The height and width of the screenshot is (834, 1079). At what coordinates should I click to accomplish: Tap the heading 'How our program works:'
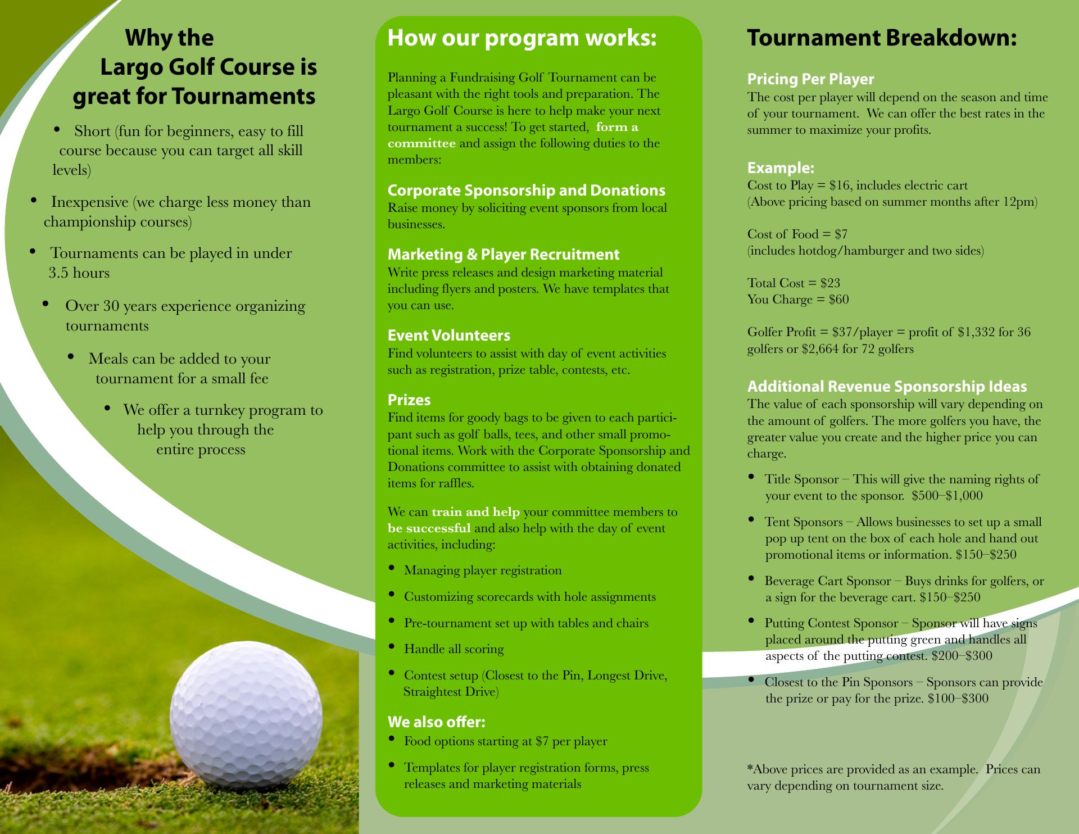pyautogui.click(x=522, y=38)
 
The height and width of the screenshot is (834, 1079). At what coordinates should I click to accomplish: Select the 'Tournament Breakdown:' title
pyautogui.click(x=882, y=38)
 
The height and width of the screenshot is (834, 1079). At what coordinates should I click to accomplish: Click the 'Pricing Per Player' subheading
pyautogui.click(x=810, y=79)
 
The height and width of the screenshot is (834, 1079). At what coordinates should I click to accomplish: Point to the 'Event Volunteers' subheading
pyautogui.click(x=448, y=336)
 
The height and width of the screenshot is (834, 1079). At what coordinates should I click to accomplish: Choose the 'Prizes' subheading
pyautogui.click(x=409, y=400)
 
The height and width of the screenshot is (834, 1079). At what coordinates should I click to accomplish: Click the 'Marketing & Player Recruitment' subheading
pyautogui.click(x=504, y=255)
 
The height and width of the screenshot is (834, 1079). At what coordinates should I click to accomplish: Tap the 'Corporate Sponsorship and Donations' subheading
pyautogui.click(x=526, y=191)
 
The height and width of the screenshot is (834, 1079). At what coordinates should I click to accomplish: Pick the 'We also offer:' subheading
pyautogui.click(x=436, y=722)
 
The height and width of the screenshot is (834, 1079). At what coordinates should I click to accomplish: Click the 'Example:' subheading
pyautogui.click(x=781, y=168)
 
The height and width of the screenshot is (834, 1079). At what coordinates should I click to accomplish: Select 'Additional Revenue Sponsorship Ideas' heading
pyautogui.click(x=887, y=387)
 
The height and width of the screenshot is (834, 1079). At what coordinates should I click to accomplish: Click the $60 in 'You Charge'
pyautogui.click(x=839, y=300)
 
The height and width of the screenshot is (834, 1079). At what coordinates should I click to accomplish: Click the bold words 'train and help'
pyautogui.click(x=475, y=512)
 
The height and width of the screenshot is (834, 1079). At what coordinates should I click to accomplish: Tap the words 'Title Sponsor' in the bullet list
pyautogui.click(x=801, y=479)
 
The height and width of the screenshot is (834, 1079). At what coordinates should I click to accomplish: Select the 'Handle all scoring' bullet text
pyautogui.click(x=454, y=649)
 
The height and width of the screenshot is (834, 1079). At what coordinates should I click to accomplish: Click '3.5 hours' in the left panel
pyautogui.click(x=79, y=273)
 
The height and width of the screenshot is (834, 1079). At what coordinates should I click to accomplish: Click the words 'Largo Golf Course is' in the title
pyautogui.click(x=208, y=67)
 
